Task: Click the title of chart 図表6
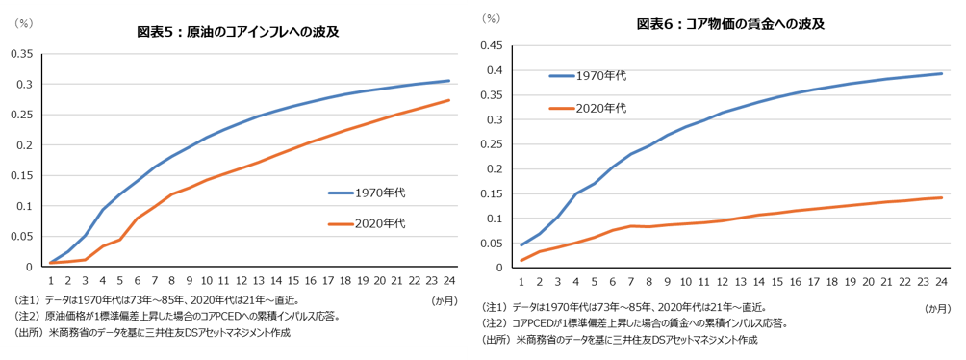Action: click(730, 24)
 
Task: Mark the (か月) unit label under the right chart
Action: click(937, 309)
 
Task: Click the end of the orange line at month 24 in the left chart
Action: click(448, 100)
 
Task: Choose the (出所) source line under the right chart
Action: click(620, 339)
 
